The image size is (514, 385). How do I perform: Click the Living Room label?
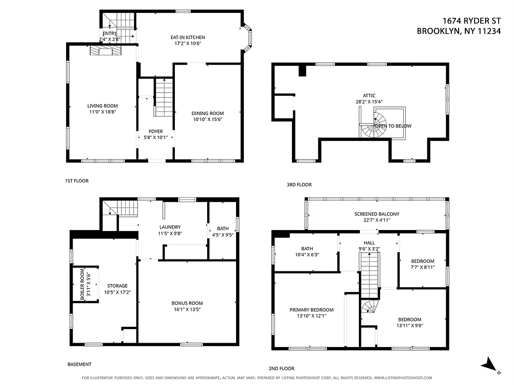click(102, 106)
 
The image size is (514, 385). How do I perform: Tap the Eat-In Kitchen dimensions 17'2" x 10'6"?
click(187, 43)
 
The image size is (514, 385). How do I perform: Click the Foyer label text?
click(155, 131)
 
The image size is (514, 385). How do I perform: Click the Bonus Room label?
click(187, 303)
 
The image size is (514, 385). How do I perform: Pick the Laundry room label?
click(170, 227)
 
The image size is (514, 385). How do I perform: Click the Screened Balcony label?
click(377, 214)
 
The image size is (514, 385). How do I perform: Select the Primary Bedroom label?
click(311, 310)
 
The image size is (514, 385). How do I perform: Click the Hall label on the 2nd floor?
click(369, 243)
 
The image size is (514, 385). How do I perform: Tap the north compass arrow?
click(490, 365)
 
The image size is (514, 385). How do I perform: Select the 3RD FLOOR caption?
click(299, 185)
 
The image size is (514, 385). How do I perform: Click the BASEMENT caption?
click(79, 365)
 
